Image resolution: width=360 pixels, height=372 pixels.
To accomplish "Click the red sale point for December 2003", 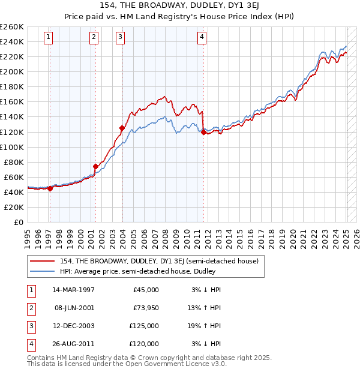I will (122, 128).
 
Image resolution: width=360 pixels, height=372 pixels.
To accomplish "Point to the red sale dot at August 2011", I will (203, 132).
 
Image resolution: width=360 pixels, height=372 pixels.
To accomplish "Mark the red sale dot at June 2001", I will (95, 166).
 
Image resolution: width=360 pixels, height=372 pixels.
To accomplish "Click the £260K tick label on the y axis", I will (12, 27).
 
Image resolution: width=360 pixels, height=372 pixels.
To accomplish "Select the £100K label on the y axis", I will (12, 147).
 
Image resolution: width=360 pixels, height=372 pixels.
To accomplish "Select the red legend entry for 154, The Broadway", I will (159, 261).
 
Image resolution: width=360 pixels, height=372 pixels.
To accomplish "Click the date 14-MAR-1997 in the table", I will (73, 290).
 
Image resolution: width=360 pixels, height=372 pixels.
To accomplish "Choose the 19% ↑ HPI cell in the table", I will (207, 326).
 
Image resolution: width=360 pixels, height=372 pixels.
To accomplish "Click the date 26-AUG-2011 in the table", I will (73, 344).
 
